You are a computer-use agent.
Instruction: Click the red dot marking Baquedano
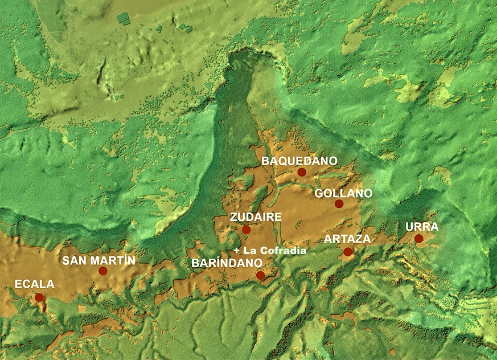[302, 172]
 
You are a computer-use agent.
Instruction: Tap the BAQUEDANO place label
[299, 161]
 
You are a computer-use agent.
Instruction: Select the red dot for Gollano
[339, 203]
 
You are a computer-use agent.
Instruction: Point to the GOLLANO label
[343, 193]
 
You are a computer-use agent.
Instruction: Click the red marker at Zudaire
[246, 230]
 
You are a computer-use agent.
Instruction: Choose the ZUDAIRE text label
[256, 217]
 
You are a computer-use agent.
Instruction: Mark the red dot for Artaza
[348, 252]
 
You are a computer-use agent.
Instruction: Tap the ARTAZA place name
[347, 239]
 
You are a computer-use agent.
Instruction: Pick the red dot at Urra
[419, 238]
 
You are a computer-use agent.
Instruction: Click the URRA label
[422, 227]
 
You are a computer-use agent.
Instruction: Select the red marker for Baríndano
[260, 276]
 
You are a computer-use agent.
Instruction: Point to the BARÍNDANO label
[227, 263]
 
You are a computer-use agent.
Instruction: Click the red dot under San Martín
[102, 271]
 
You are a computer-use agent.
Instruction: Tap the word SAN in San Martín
[73, 261]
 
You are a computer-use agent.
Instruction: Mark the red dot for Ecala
[39, 297]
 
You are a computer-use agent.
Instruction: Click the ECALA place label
[34, 284]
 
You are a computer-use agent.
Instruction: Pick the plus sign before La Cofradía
[237, 251]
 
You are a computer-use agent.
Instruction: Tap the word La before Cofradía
[249, 251]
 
